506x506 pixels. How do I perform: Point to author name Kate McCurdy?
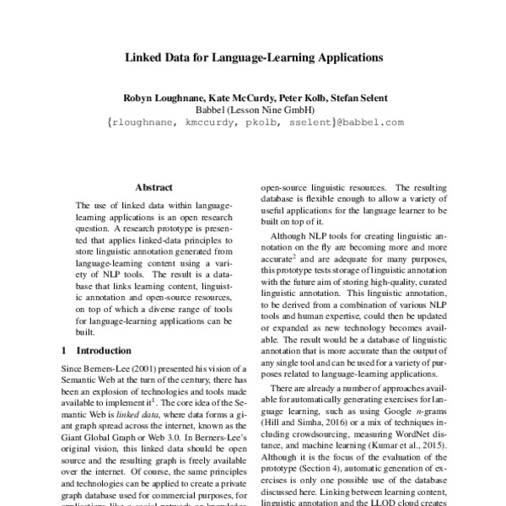pyautogui.click(x=233, y=98)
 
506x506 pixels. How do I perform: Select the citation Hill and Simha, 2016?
pyautogui.click(x=314, y=428)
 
